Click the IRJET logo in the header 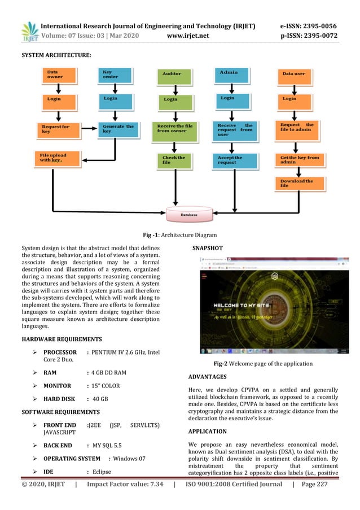click(29, 33)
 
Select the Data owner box click(62, 75)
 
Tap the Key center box click(116, 75)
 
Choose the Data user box click(300, 75)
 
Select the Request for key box click(62, 129)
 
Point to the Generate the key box click(118, 129)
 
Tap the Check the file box click(175, 160)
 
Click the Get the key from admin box click(300, 160)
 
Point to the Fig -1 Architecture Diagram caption click(180, 235)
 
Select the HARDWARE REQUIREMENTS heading click(62, 339)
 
